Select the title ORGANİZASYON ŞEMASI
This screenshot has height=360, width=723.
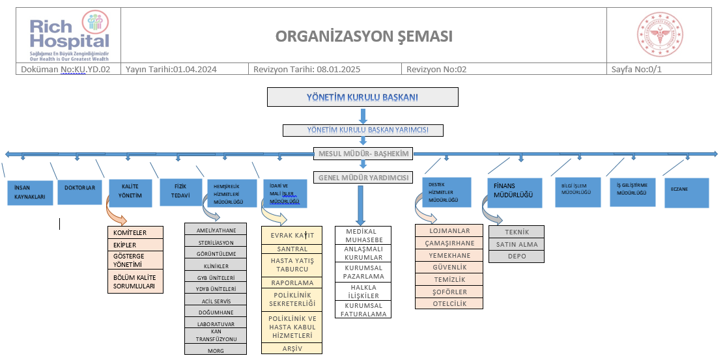[x=363, y=36]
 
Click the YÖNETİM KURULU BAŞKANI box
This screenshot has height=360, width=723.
[x=363, y=98]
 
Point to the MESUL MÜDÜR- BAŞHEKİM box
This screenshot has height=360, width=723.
[x=363, y=154]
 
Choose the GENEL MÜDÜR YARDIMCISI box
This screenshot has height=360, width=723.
[x=363, y=177]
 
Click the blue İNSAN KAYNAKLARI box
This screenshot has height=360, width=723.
[x=31, y=193]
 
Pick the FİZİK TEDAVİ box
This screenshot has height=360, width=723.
[x=177, y=192]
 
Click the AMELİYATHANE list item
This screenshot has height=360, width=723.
[x=216, y=230]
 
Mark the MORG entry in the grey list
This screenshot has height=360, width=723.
[x=216, y=350]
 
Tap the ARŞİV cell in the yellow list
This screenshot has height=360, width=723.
[x=292, y=348]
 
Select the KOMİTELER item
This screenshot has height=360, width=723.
[x=135, y=232]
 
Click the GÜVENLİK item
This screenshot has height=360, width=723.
[x=449, y=267]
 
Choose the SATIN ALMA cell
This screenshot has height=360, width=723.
[x=516, y=245]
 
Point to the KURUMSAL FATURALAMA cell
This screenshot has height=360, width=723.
[x=364, y=309]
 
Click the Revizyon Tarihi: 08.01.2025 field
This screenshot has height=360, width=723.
[x=306, y=69]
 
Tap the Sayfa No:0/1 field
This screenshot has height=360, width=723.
[x=636, y=69]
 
